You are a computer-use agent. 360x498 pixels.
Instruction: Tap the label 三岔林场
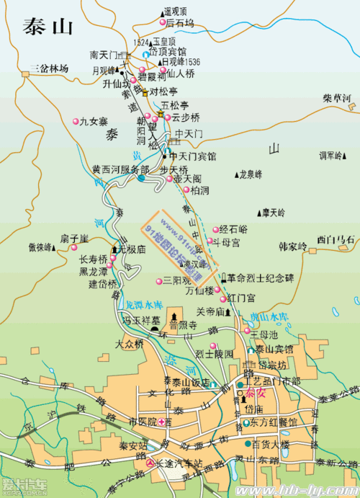(x=49, y=69)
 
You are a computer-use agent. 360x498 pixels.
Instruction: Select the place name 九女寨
(x=94, y=121)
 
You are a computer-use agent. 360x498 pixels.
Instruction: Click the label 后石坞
(x=179, y=23)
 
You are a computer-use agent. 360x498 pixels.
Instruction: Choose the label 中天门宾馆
(x=192, y=156)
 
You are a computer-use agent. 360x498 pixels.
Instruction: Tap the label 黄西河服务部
(x=120, y=169)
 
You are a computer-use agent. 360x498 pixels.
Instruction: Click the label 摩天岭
(x=274, y=213)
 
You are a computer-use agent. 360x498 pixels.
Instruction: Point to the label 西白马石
(x=336, y=239)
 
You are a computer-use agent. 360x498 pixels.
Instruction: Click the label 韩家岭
(x=292, y=246)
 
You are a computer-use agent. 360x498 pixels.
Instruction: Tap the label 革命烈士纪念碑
(x=261, y=277)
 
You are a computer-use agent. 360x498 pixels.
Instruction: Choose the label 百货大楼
(x=271, y=445)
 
